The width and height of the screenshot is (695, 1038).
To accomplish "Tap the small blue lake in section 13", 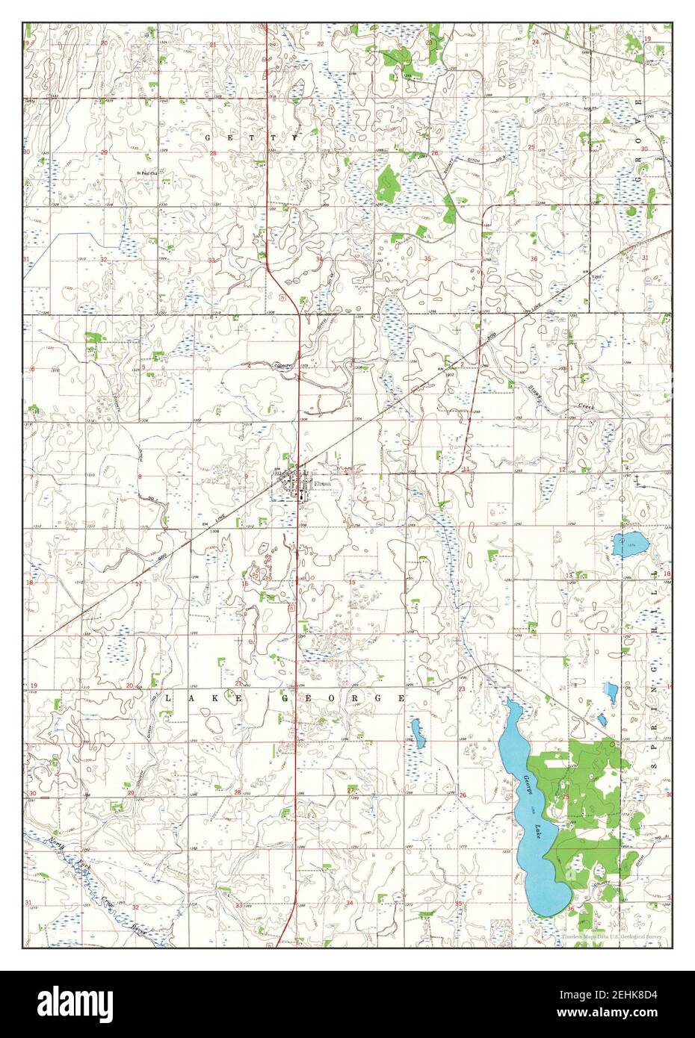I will (627, 545).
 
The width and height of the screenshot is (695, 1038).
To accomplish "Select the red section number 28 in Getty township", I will (212, 154).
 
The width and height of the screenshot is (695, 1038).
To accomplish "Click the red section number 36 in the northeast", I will (534, 259).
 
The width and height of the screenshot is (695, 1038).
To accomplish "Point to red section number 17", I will (138, 583).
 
